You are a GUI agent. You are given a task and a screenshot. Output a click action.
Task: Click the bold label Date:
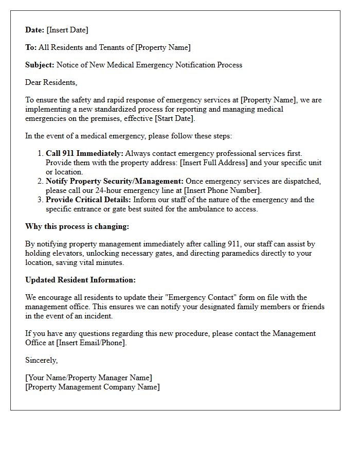click(35, 30)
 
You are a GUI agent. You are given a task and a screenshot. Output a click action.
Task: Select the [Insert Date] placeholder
click(67, 30)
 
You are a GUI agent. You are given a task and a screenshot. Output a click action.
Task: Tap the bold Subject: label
click(40, 65)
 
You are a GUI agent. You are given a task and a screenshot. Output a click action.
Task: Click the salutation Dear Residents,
click(51, 82)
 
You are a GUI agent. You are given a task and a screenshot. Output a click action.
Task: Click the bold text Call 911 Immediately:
click(84, 153)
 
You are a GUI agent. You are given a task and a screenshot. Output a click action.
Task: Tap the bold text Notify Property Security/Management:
click(115, 181)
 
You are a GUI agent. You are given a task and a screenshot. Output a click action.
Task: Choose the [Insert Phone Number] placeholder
click(223, 190)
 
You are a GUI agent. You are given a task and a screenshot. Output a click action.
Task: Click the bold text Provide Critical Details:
click(88, 200)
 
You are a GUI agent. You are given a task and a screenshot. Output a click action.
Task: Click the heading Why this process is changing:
click(77, 226)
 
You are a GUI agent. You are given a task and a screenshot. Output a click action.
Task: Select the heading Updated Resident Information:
click(80, 280)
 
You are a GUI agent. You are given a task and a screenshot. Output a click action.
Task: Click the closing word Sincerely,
click(42, 360)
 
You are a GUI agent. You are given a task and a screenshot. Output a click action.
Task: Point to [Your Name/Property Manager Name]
click(88, 378)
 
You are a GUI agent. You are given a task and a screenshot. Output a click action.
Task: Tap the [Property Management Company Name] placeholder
click(93, 387)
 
